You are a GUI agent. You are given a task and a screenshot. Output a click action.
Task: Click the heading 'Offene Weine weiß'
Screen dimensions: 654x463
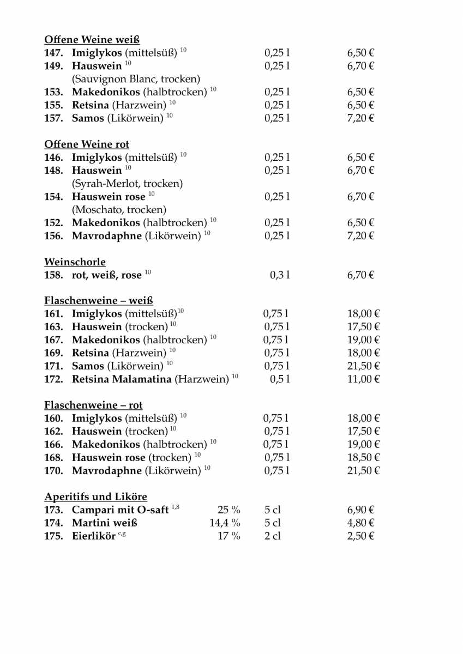(92, 40)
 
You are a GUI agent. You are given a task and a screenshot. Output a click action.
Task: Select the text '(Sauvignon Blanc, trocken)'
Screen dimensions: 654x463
(136, 79)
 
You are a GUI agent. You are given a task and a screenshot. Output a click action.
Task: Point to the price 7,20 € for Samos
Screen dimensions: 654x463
(360, 118)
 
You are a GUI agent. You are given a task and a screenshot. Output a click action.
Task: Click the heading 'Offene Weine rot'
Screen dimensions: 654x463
(87, 144)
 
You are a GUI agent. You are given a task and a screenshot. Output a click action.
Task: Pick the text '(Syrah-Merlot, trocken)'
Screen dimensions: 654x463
(127, 184)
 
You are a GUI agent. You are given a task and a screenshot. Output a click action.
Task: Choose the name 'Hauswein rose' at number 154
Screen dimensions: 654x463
(109, 197)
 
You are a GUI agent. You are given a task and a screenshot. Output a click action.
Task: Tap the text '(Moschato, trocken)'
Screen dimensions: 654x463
(119, 210)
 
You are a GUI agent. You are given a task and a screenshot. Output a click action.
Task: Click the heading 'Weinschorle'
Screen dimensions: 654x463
(75, 262)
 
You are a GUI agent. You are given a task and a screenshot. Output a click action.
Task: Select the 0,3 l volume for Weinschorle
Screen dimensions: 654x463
(280, 275)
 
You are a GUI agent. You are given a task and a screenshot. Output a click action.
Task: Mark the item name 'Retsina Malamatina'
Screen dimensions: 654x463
(122, 379)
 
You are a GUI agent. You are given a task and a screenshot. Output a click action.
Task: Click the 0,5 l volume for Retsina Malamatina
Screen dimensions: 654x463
(280, 379)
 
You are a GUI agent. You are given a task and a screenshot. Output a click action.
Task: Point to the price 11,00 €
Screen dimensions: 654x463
(363, 379)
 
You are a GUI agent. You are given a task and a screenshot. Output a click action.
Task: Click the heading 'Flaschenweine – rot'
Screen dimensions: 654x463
(93, 405)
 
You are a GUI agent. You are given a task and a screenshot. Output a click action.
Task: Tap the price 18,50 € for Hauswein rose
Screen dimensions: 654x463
(363, 457)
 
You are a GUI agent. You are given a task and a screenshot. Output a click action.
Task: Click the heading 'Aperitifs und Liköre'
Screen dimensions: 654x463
(95, 497)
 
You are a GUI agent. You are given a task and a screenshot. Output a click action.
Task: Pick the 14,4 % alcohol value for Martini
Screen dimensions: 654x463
(225, 523)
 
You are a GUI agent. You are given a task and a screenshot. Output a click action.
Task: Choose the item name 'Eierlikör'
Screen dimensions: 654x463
(94, 536)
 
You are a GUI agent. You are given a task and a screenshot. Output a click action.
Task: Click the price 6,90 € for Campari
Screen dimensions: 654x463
(360, 510)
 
